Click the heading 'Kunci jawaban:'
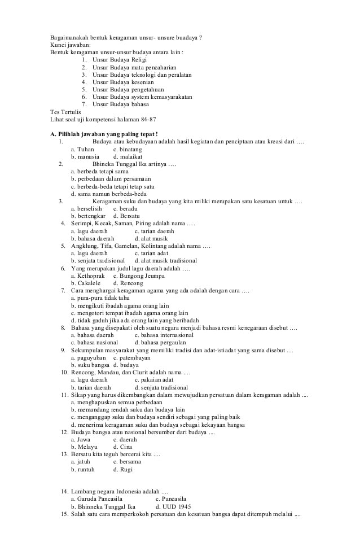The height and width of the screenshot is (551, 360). (70, 45)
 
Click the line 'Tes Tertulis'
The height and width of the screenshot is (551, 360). (65, 111)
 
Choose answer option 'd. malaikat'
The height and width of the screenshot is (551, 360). (128, 156)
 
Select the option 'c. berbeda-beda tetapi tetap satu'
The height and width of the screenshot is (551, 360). (112, 186)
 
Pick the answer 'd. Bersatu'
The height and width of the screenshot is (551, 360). (126, 216)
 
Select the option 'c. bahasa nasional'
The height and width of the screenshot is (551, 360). (94, 342)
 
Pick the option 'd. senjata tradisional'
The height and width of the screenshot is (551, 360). (161, 388)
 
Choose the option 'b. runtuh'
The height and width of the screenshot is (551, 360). (83, 469)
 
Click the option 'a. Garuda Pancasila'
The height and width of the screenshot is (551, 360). (96, 499)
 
